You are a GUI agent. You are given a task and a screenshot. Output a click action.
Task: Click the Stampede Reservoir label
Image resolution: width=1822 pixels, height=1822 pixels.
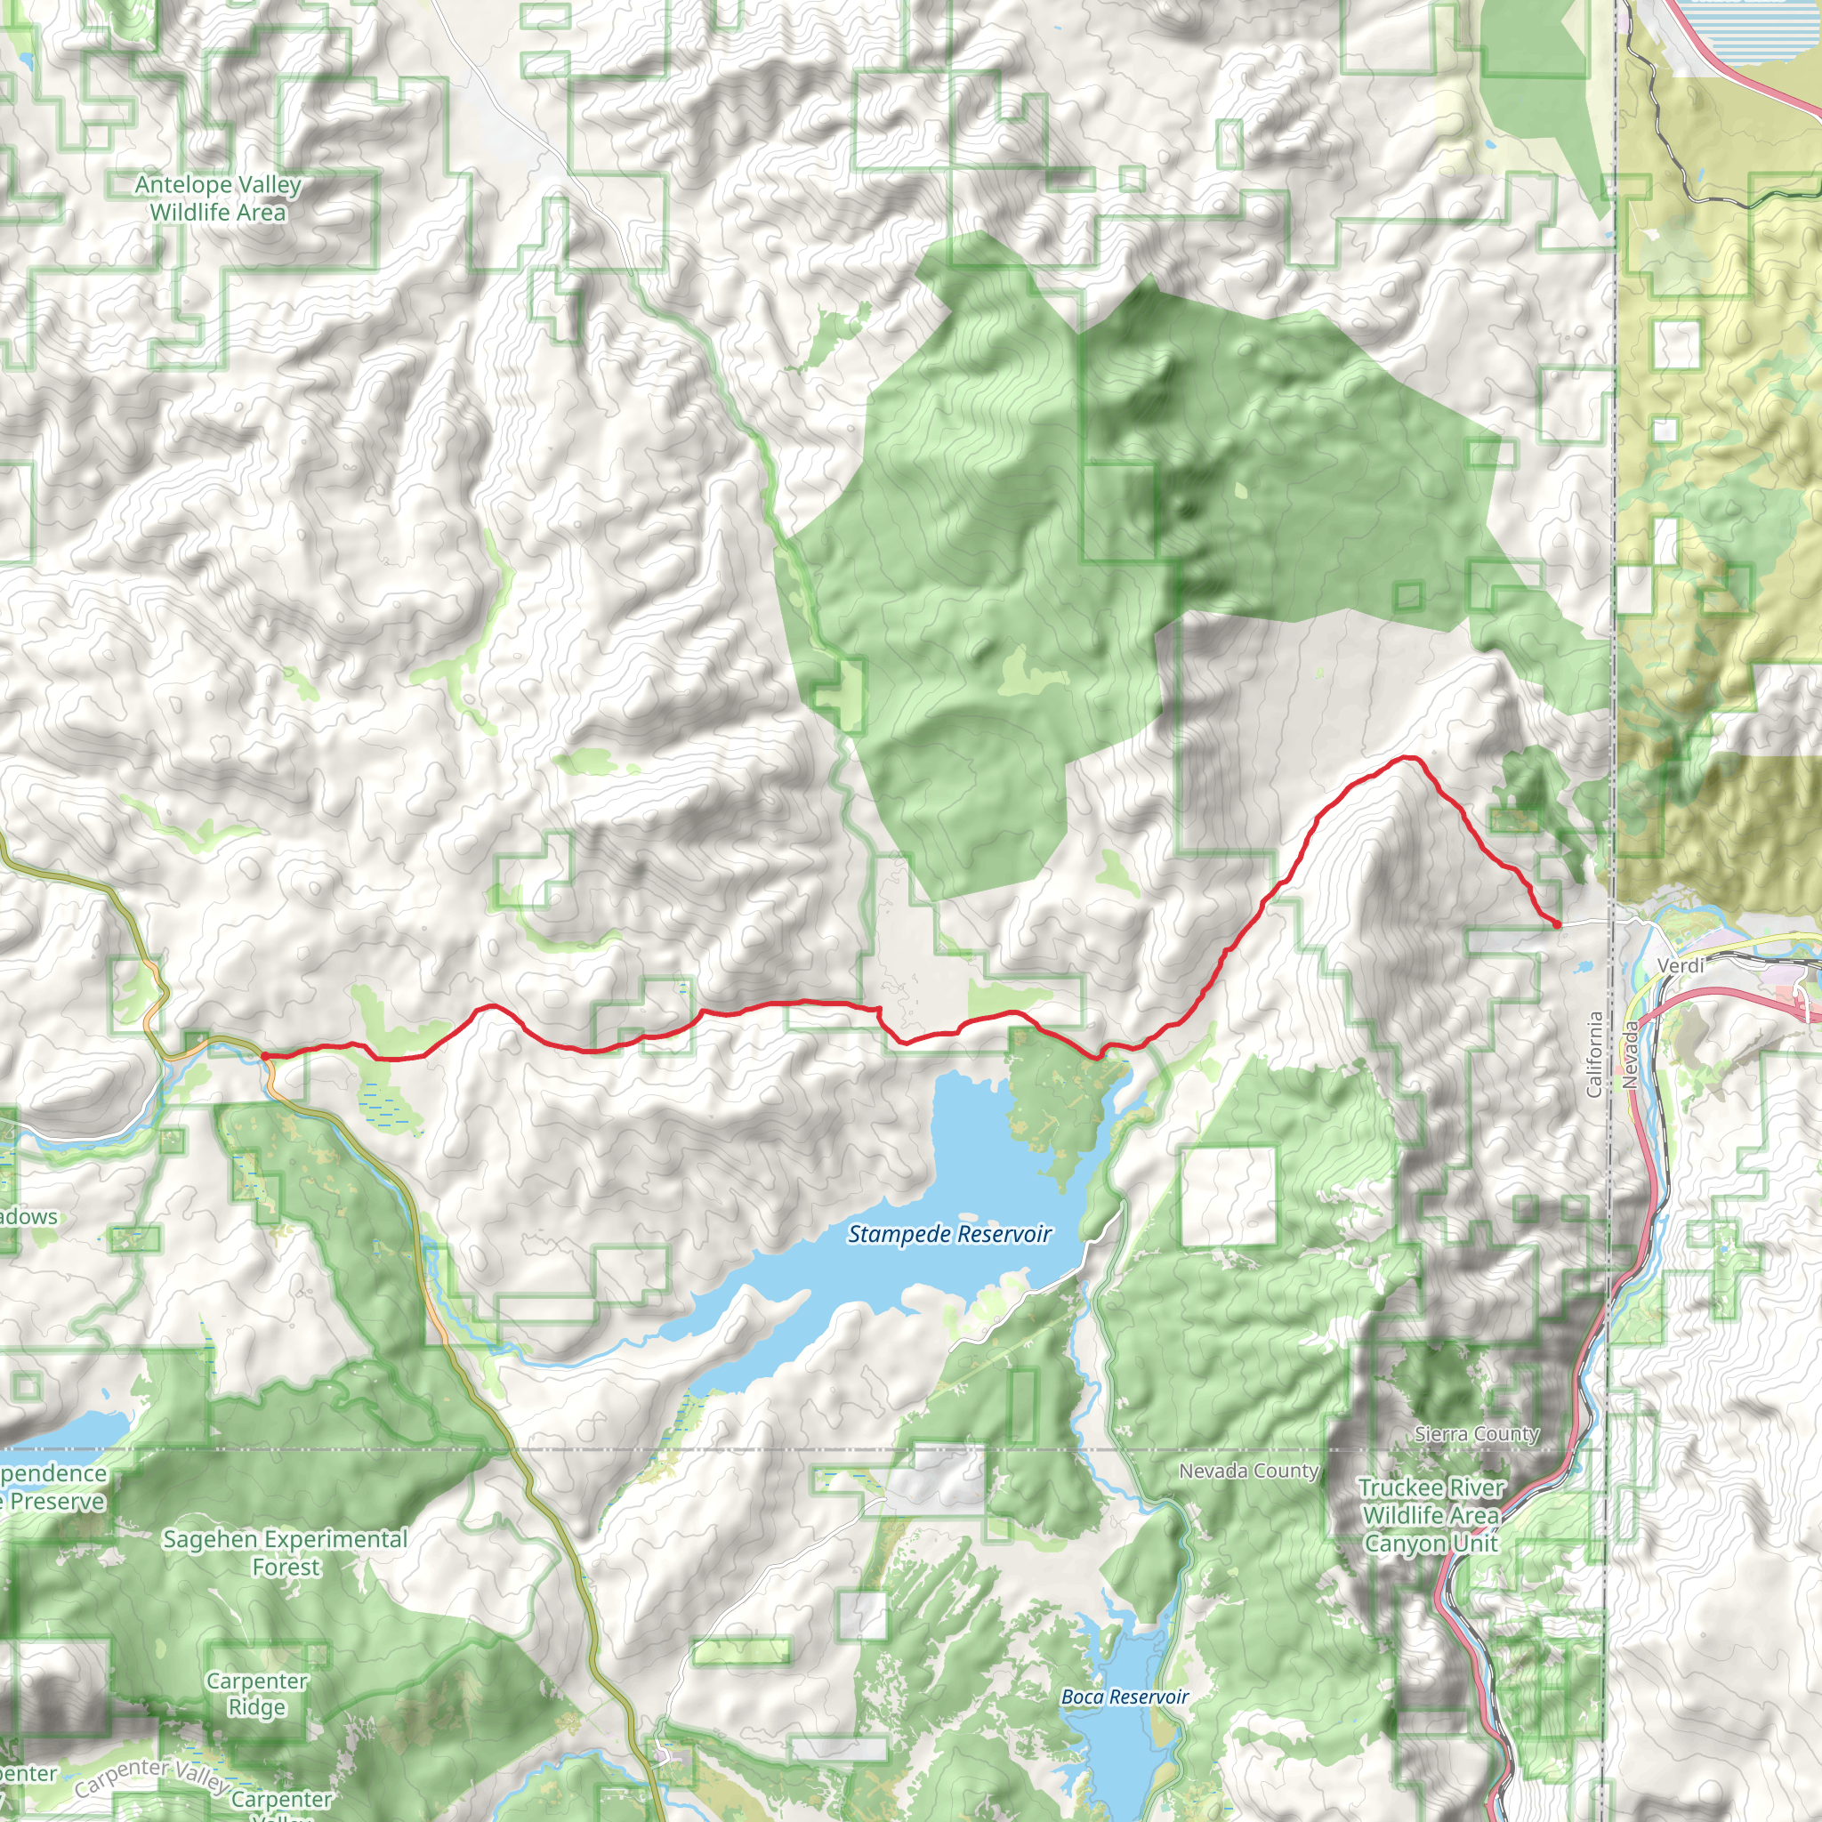point(948,1235)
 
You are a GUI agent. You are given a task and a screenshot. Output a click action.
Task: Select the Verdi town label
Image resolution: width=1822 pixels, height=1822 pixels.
point(1681,965)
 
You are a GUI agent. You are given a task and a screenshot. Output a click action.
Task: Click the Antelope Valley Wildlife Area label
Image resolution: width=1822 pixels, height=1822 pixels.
point(218,198)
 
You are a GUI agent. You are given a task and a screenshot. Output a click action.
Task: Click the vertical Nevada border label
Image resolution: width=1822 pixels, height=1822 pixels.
point(1631,1056)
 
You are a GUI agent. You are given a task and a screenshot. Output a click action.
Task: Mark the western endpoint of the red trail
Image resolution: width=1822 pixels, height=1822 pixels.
point(265,1056)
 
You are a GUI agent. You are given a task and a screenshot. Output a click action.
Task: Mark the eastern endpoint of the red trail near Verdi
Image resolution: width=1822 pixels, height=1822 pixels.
point(1556,925)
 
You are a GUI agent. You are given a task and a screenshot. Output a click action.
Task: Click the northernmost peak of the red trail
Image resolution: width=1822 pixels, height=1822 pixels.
point(1408,757)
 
